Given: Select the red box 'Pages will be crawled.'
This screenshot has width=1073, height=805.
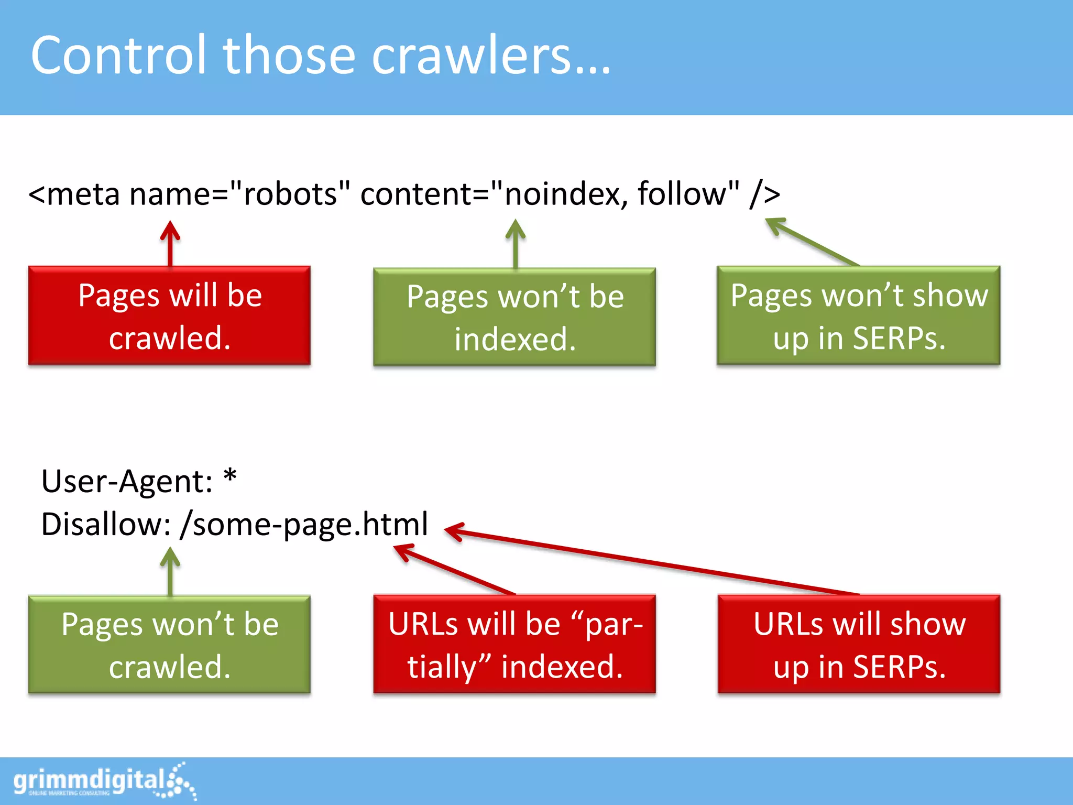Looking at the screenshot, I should (169, 316).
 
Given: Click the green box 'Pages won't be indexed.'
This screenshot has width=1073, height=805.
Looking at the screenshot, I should (514, 317).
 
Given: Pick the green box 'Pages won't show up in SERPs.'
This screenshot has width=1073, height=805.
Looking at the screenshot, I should (858, 316).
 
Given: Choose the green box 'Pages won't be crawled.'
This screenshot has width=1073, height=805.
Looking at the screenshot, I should (169, 645).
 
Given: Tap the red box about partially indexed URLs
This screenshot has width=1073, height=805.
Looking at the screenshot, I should (514, 644).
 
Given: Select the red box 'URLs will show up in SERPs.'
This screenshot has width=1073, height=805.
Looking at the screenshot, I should (859, 644).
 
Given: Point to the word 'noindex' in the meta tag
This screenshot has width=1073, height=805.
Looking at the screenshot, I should (566, 194).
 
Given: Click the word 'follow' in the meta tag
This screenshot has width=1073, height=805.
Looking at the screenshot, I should (681, 194).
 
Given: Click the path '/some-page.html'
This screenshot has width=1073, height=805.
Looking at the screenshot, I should (304, 524).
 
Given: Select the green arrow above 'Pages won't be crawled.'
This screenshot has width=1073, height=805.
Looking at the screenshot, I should (170, 571).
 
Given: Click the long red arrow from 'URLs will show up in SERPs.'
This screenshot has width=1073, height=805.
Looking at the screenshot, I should (655, 562).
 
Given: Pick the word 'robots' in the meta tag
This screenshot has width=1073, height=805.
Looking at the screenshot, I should (289, 194).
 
